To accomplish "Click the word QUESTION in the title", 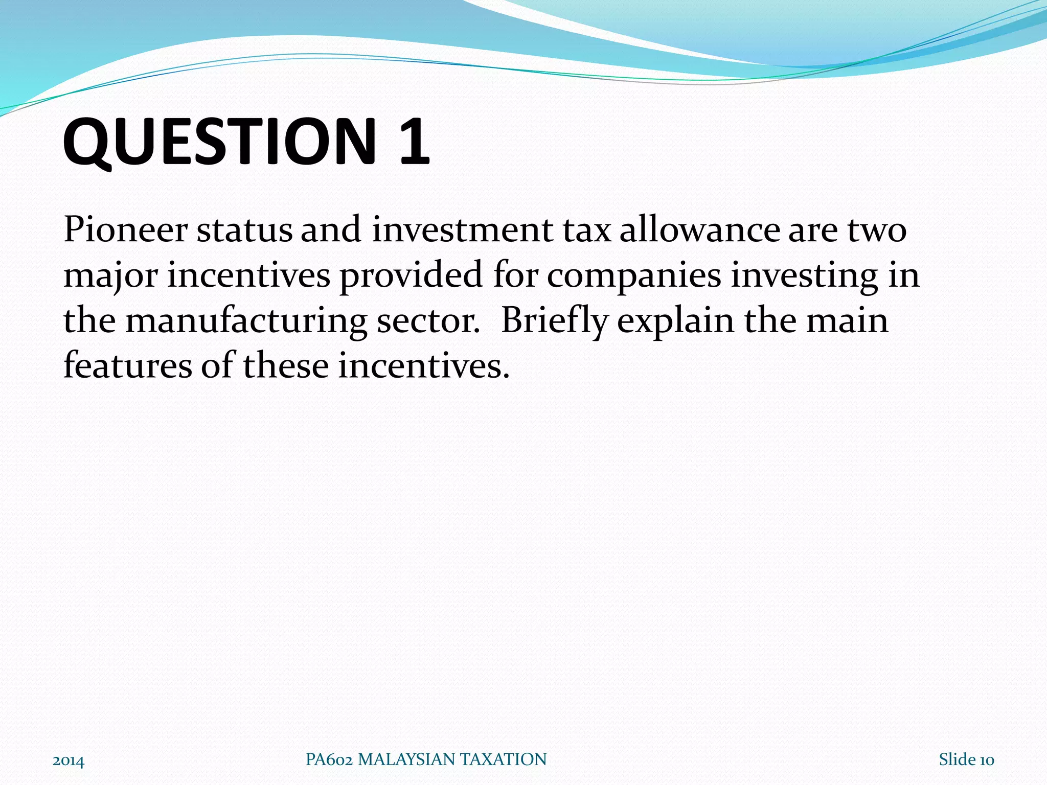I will click(x=220, y=142).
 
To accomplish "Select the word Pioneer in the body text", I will click(x=126, y=230).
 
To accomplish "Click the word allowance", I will click(x=700, y=230).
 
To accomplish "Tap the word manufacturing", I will click(x=246, y=321).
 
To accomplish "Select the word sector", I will click(x=427, y=321).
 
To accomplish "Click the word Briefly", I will click(x=554, y=321).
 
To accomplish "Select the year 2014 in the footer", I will click(x=69, y=761).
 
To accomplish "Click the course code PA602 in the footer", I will click(x=329, y=759).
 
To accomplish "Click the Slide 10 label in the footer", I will click(x=966, y=760).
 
